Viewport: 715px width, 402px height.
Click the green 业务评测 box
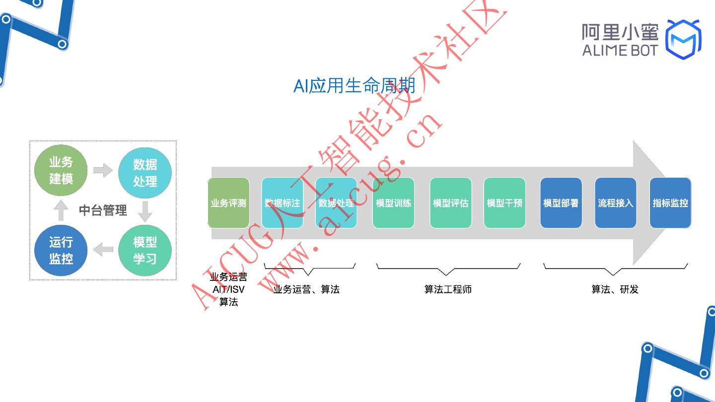(228, 203)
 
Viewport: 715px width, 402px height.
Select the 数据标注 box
(282, 203)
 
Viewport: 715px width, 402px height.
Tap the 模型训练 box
(393, 203)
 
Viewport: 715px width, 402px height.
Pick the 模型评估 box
(450, 203)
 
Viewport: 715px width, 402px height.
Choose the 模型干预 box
(504, 203)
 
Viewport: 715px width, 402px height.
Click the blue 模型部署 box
(561, 203)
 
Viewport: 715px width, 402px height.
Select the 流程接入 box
(615, 203)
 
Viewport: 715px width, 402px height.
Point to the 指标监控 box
(670, 203)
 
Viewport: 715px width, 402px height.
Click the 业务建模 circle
(61, 170)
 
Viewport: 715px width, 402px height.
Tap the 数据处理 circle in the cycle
(145, 173)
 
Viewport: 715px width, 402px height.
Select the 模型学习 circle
(145, 251)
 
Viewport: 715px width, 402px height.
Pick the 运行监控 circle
(61, 251)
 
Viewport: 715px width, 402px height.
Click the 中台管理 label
(103, 210)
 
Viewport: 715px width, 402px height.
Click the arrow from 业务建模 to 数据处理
(103, 170)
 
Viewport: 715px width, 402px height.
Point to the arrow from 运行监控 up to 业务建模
(61, 210)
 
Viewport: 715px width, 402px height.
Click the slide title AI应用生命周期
(354, 86)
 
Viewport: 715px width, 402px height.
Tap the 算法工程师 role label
(448, 289)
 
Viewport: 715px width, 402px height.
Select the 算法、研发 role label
(615, 289)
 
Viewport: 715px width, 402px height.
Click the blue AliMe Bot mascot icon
(683, 39)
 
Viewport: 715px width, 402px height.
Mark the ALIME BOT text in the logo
(620, 50)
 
